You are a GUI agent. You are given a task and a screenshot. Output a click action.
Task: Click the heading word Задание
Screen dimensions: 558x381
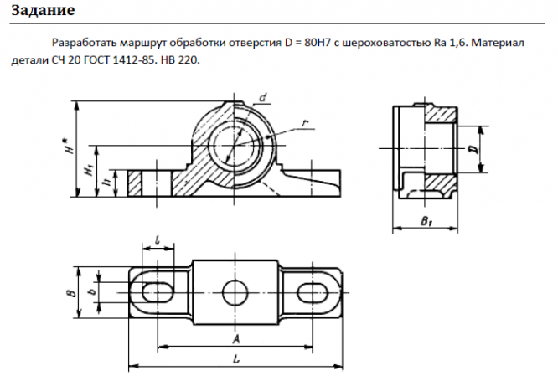[43, 10]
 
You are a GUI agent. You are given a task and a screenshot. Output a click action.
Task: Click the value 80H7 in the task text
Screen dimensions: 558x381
[318, 43]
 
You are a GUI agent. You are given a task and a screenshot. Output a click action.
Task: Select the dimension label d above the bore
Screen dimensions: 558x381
[263, 97]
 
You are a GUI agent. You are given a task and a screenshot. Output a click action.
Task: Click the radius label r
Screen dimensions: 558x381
[305, 123]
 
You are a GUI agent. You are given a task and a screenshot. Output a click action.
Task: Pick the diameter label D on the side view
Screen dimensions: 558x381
[473, 149]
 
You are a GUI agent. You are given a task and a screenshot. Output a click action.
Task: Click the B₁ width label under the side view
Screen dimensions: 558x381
[426, 221]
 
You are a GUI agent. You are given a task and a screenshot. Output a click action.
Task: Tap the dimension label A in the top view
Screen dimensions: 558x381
[235, 339]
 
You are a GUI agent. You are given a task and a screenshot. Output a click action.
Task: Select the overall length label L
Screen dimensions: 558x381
[236, 359]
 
